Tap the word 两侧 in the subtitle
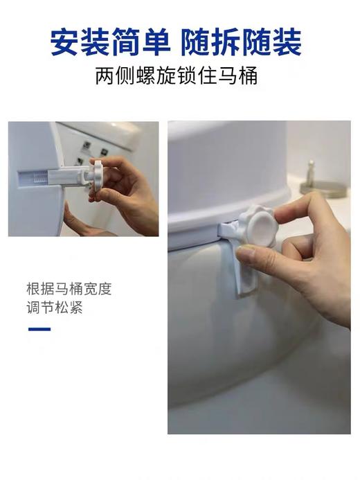tap(111, 75)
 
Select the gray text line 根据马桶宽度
tap(69, 289)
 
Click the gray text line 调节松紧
tap(55, 308)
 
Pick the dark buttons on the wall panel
tap(87, 148)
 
